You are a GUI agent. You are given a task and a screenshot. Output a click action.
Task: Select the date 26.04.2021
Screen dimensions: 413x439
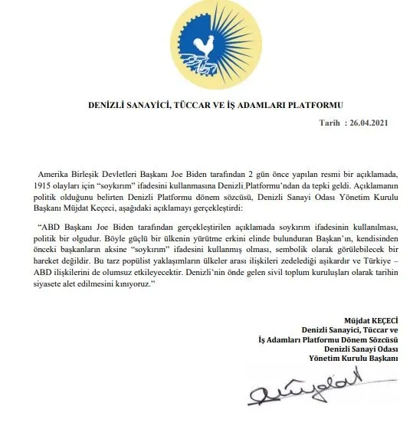coord(376,123)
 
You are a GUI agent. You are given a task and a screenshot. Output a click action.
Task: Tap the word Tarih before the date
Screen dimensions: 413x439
coord(332,123)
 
